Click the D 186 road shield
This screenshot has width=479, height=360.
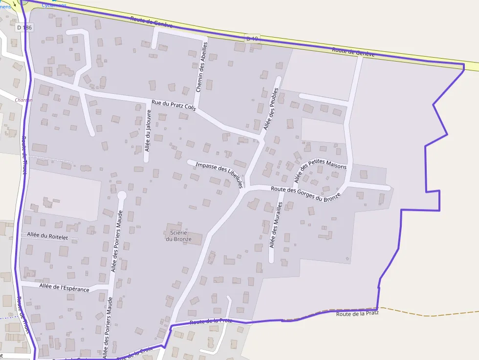(x=24, y=28)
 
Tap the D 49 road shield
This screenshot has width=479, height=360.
(x=252, y=38)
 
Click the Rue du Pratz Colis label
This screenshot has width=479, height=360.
(x=174, y=105)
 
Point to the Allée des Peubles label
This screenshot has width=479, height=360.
(x=271, y=109)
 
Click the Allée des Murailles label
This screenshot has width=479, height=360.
(x=277, y=226)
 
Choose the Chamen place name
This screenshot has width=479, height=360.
(x=24, y=100)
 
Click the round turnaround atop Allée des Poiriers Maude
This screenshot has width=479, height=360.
(x=122, y=195)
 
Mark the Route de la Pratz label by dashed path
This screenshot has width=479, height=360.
(x=357, y=313)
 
